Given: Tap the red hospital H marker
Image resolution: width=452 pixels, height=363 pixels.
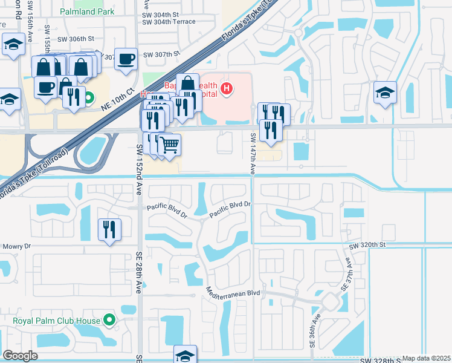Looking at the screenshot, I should click(x=227, y=90).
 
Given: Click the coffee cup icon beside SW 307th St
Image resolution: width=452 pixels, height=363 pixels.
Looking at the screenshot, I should click(x=126, y=59).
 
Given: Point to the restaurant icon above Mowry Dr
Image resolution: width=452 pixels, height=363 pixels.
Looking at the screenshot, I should click(x=109, y=229).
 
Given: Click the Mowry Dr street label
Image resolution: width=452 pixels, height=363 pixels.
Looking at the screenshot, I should click(x=16, y=246).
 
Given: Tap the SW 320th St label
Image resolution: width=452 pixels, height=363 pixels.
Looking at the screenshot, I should click(x=367, y=244).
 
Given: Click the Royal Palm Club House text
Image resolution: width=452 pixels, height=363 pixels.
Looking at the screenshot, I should click(x=57, y=319).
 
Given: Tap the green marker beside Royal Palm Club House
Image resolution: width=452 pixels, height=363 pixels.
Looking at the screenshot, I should click(x=109, y=319).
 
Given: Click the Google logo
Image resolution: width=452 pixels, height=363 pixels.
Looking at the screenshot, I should click(x=19, y=356).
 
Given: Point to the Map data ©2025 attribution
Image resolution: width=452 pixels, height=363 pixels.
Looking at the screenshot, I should click(x=426, y=358).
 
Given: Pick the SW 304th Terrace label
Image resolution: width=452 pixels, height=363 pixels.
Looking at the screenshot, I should click(x=169, y=22).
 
